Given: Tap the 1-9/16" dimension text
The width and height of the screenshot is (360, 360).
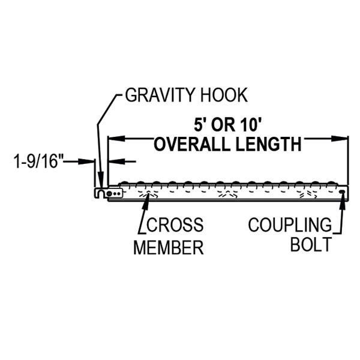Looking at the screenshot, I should click(x=38, y=161).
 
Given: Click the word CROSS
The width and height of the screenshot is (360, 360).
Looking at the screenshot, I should click(x=175, y=226).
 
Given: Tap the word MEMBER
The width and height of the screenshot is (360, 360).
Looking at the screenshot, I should click(x=169, y=247).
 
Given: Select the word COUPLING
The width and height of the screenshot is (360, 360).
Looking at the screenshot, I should click(x=290, y=226).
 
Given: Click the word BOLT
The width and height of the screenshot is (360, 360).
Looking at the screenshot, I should click(x=310, y=245).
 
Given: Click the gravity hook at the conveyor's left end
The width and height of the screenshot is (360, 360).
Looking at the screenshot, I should click(x=100, y=192).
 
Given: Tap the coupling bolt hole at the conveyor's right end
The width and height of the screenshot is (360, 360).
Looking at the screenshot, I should click(x=342, y=192).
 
